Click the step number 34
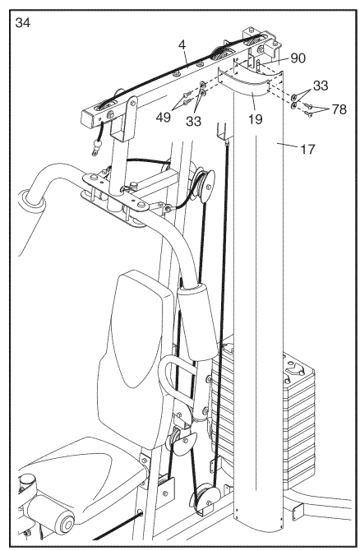point(23,23)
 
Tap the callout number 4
point(182,45)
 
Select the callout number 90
point(298,58)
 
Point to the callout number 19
point(256,119)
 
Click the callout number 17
point(307,150)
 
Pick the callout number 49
point(164,117)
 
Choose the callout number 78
point(339,109)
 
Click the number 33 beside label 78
point(321,86)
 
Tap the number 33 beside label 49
point(193,121)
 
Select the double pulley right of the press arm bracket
point(205,185)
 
